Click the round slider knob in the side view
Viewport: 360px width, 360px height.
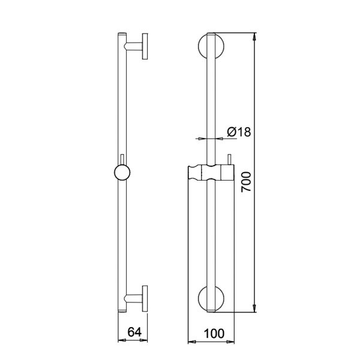point(122,173)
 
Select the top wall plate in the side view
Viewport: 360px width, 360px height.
point(145,47)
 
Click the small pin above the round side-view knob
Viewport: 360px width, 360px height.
point(122,158)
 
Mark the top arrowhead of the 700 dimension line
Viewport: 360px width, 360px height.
point(256,35)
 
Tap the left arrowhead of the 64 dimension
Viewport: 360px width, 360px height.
point(119,343)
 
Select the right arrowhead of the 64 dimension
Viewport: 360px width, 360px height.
point(143,343)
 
